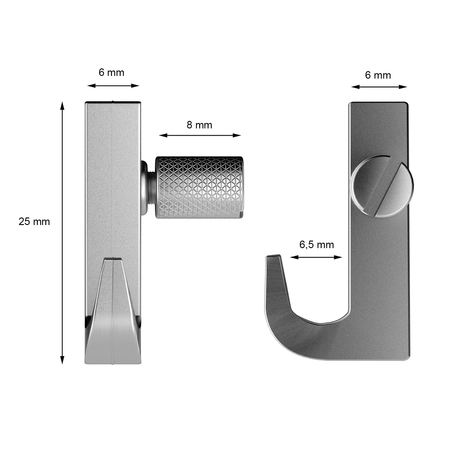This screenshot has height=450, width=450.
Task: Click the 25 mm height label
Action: coord(34,222)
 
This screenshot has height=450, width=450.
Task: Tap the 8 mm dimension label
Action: coord(199,125)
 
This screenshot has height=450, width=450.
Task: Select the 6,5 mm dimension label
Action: coord(316,245)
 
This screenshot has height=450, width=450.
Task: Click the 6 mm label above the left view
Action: coord(111,73)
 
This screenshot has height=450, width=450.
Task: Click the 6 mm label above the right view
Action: coord(378,75)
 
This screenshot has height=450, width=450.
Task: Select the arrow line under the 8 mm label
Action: coord(200,135)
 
